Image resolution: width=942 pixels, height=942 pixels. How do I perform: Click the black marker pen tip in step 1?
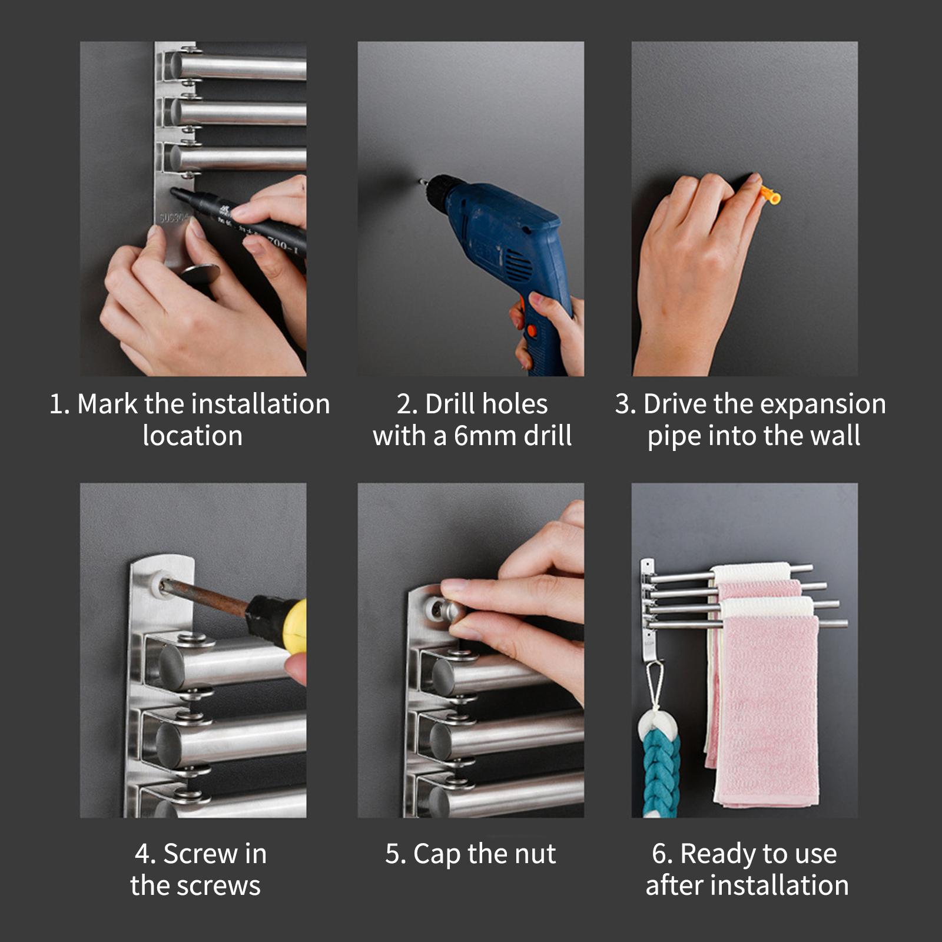174,192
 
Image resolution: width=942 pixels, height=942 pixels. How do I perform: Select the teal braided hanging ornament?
660,766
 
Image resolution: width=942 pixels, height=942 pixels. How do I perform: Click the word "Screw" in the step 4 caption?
193,854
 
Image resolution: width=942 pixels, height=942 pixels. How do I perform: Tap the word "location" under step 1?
193,436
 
